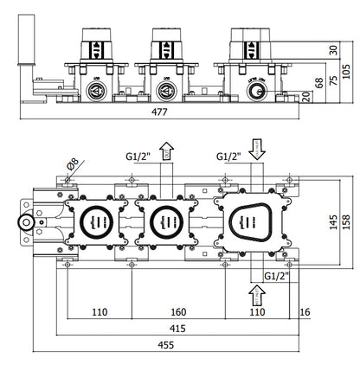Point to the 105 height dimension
(347, 68)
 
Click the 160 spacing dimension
(178, 311)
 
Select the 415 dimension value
(178, 329)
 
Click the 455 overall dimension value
(178, 346)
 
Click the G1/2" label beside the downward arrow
(228, 157)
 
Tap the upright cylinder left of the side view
(22, 61)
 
